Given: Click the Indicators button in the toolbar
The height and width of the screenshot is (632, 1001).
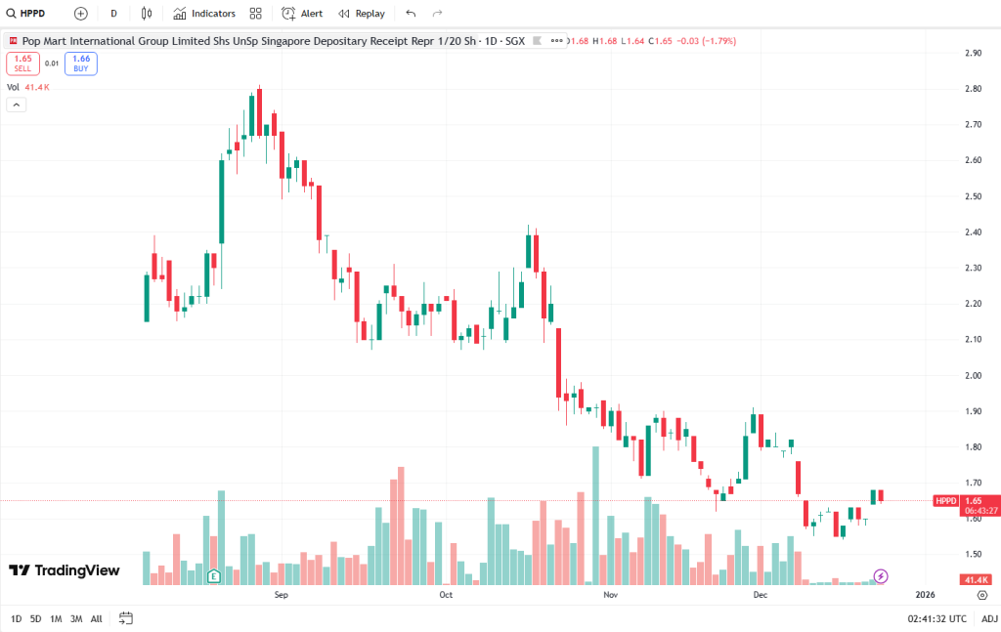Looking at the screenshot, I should click(x=204, y=14).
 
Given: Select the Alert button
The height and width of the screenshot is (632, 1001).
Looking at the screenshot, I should click(x=302, y=14).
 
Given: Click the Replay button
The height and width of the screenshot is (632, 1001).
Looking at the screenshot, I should click(x=361, y=14).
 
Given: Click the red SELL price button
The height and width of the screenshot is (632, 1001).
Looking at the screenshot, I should click(x=22, y=63).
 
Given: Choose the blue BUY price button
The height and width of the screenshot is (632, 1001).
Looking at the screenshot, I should click(x=81, y=63).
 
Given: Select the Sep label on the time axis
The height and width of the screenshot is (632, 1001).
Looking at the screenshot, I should click(x=282, y=594).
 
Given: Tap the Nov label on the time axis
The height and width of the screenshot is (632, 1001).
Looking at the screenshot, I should click(x=610, y=594).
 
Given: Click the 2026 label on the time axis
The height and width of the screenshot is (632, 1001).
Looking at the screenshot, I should click(x=925, y=594).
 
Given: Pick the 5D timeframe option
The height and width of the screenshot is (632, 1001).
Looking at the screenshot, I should click(x=35, y=618).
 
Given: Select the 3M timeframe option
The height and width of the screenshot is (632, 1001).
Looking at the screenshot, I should click(x=76, y=618).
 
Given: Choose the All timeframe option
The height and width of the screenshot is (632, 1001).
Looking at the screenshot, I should click(x=96, y=618).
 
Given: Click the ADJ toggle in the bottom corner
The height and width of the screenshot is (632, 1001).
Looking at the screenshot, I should click(x=989, y=618).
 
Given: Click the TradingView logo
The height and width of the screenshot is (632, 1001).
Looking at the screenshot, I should click(x=65, y=570).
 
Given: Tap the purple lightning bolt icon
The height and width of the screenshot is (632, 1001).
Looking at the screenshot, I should click(x=881, y=576).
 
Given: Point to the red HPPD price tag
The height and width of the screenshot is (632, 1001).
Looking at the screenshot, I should click(x=945, y=501).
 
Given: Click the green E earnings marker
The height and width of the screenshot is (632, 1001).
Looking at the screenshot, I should click(x=213, y=576).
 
